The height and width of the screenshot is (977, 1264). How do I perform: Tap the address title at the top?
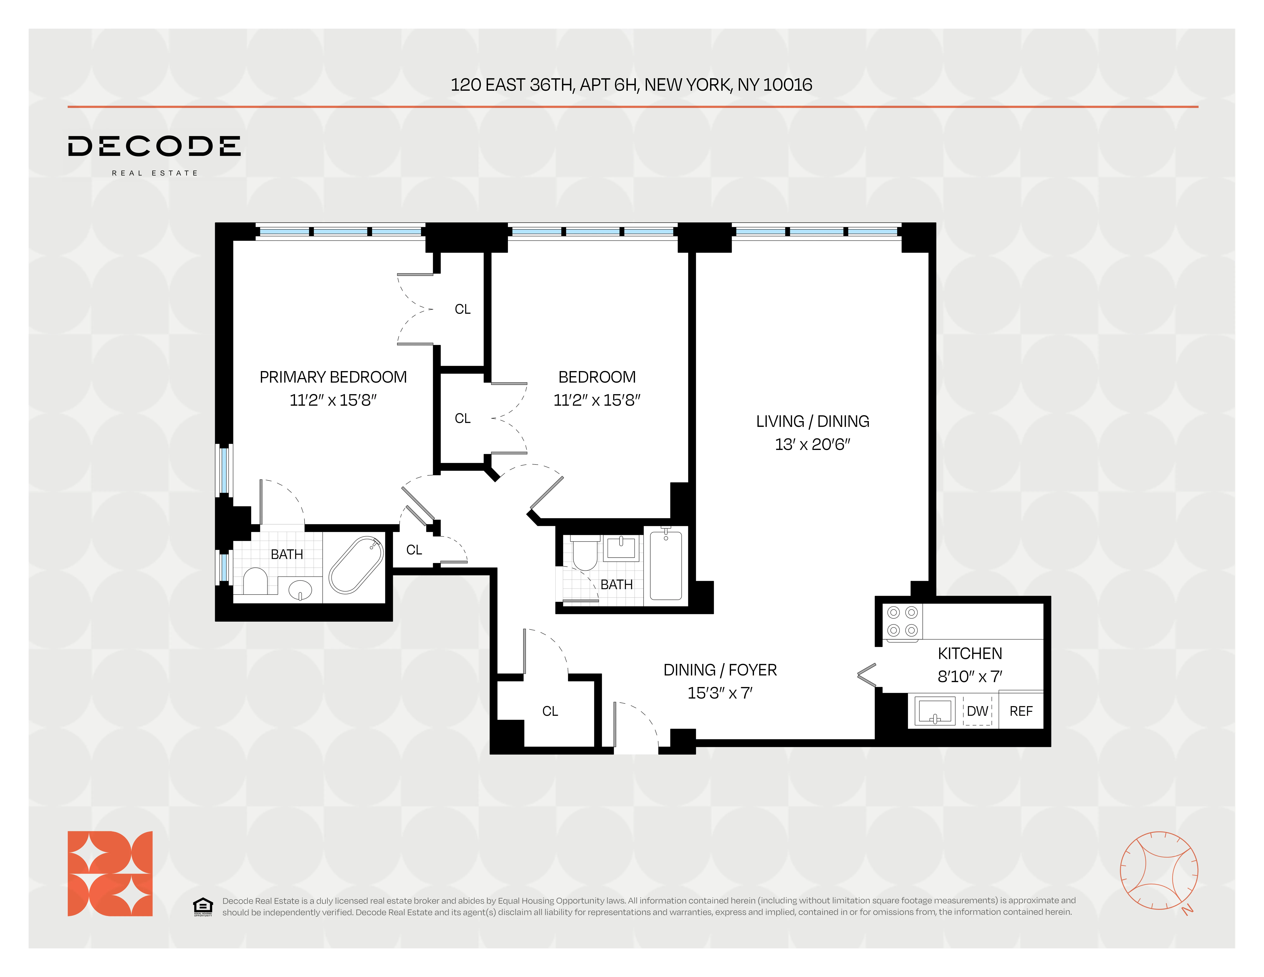point(631,85)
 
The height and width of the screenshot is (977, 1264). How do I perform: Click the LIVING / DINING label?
point(813,421)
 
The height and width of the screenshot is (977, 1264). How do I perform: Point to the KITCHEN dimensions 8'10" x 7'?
point(970,676)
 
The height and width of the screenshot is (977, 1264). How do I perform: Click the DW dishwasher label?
point(978,711)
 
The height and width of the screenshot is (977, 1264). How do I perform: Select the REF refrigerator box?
point(1021,711)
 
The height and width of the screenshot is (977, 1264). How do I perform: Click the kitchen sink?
point(935,711)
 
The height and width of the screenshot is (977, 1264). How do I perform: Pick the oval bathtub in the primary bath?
point(355,565)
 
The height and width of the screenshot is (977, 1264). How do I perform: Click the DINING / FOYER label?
point(720,670)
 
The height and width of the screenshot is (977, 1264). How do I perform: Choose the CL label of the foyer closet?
point(550,711)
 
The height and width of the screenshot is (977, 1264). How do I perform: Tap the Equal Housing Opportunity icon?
point(203,906)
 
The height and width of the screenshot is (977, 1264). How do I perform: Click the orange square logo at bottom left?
point(110,873)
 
